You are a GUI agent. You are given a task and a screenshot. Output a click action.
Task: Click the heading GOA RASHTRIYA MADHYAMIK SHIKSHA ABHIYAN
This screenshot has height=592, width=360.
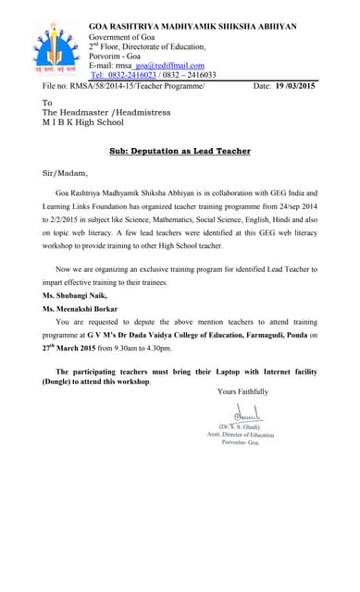coord(192,27)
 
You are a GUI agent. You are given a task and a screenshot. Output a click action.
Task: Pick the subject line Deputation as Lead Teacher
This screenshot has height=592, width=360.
coord(180,150)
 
